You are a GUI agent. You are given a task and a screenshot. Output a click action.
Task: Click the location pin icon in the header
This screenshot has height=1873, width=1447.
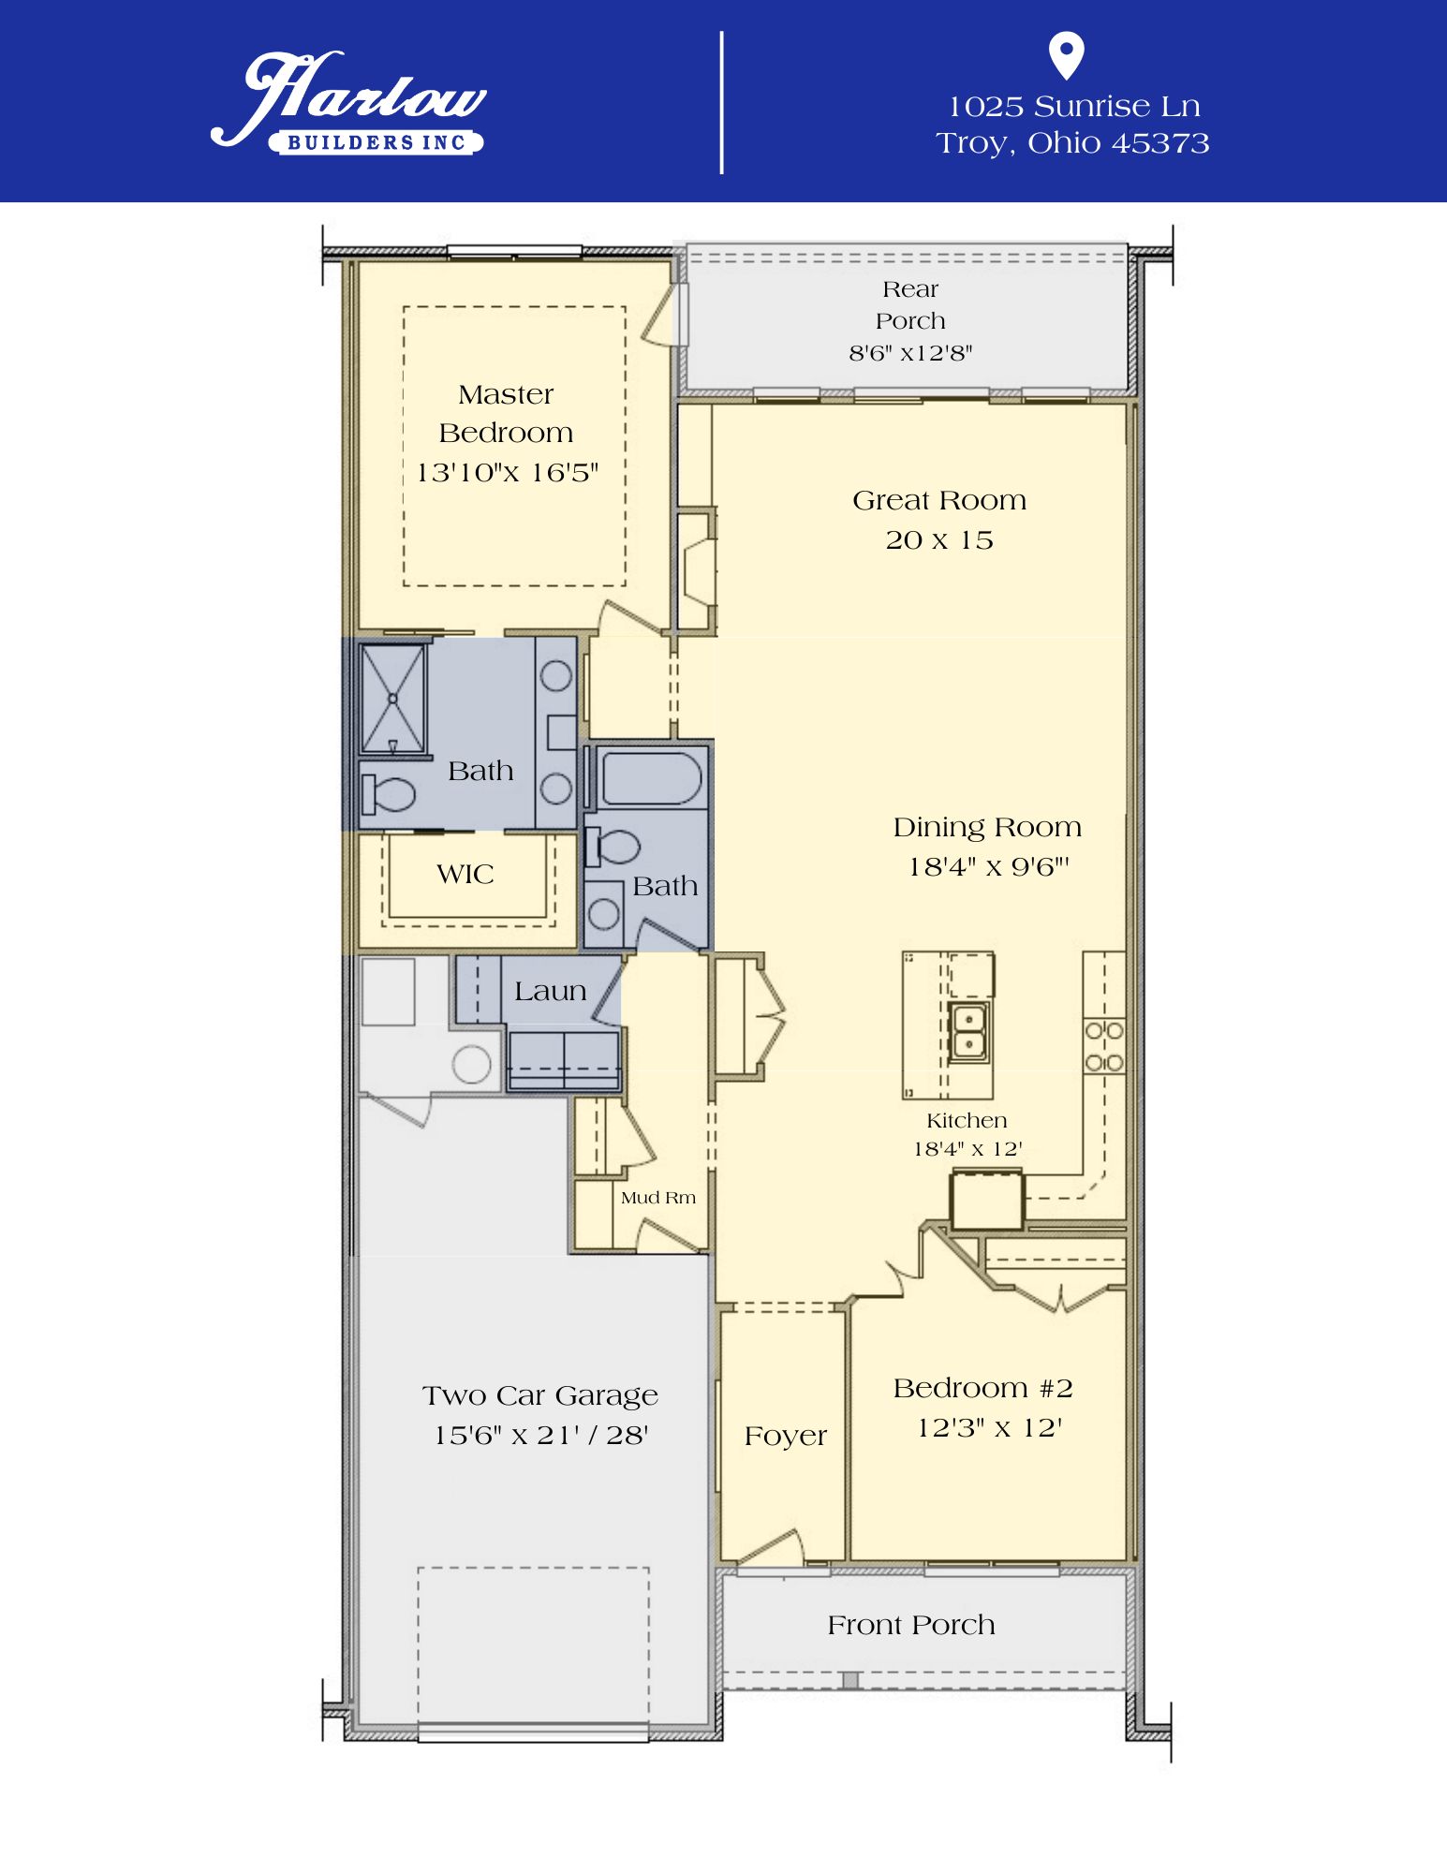pyautogui.click(x=1066, y=55)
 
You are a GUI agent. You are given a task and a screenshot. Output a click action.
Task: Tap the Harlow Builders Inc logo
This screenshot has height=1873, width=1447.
pyautogui.click(x=348, y=102)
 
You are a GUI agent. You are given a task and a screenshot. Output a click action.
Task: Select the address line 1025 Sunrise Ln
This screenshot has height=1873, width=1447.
pyautogui.click(x=1073, y=107)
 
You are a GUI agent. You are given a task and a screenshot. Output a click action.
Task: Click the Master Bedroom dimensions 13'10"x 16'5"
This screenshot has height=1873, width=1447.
pyautogui.click(x=507, y=472)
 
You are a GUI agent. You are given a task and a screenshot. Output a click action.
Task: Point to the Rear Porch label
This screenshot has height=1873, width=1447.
pyautogui.click(x=910, y=305)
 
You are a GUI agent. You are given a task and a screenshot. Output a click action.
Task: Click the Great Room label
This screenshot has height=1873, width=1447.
pyautogui.click(x=939, y=500)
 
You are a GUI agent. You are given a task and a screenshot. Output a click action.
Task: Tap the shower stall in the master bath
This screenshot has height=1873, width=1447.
pyautogui.click(x=393, y=698)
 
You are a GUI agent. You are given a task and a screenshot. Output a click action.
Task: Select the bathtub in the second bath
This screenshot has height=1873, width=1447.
pyautogui.click(x=651, y=777)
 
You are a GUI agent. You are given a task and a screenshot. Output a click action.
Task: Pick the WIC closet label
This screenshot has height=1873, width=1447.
pyautogui.click(x=465, y=874)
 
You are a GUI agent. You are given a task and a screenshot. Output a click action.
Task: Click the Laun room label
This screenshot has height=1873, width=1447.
pyautogui.click(x=551, y=991)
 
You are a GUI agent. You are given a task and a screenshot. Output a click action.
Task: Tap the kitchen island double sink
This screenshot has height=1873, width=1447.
pyautogui.click(x=968, y=1031)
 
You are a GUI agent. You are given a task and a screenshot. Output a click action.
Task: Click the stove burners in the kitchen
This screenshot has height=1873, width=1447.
pyautogui.click(x=1104, y=1046)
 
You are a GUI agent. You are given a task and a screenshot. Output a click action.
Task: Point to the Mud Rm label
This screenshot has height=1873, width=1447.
pyautogui.click(x=658, y=1198)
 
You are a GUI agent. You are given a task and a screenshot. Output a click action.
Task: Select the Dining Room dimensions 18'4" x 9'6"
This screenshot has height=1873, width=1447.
pyautogui.click(x=988, y=867)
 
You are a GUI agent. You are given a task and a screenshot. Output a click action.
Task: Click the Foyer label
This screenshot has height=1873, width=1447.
pyautogui.click(x=786, y=1437)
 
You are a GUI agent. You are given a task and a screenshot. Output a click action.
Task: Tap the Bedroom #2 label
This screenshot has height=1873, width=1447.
pyautogui.click(x=982, y=1388)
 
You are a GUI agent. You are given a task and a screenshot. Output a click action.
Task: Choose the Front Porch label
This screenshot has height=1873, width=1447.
pyautogui.click(x=911, y=1625)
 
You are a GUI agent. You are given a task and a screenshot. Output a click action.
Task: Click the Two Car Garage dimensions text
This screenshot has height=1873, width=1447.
pyautogui.click(x=541, y=1435)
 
